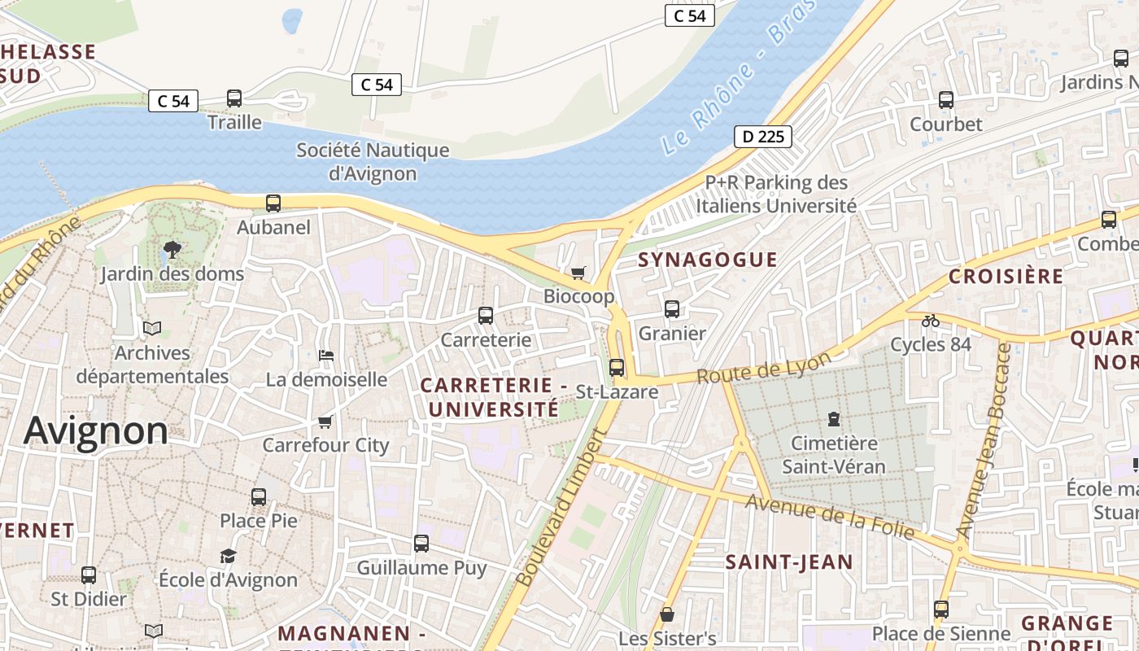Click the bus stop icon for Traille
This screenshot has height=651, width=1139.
click(x=234, y=98)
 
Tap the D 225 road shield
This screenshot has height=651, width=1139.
click(x=763, y=136)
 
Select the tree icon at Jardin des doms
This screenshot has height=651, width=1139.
click(x=172, y=249)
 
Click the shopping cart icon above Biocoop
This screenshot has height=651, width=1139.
click(x=578, y=273)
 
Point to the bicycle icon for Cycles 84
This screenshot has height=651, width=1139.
click(x=931, y=321)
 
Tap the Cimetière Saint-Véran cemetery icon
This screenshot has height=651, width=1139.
click(x=833, y=419)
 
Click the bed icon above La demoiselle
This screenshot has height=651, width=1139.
click(x=326, y=356)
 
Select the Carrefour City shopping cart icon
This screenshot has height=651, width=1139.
click(x=325, y=422)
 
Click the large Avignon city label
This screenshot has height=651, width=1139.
click(x=96, y=430)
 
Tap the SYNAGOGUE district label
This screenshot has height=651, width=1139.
click(x=708, y=260)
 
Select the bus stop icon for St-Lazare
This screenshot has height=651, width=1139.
click(x=617, y=368)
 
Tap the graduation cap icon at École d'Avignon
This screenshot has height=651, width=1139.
click(x=228, y=557)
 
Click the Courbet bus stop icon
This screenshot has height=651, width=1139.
click(x=946, y=100)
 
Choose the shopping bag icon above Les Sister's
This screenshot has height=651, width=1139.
click(x=667, y=614)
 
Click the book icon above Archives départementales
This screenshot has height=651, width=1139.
click(x=152, y=329)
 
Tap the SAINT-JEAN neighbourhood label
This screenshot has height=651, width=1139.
click(x=788, y=561)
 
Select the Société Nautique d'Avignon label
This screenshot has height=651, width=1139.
click(x=373, y=161)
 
